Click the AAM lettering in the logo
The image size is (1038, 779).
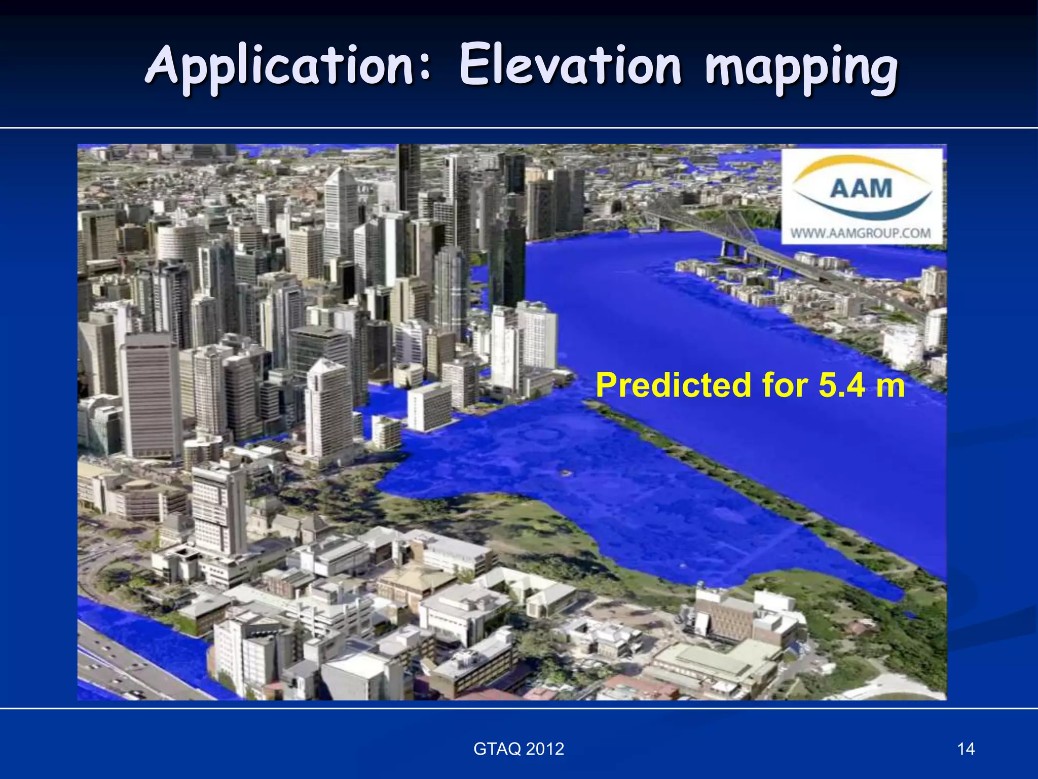[x=861, y=189]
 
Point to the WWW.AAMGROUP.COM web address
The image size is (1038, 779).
[x=861, y=233]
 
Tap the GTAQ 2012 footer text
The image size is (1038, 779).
[x=518, y=749]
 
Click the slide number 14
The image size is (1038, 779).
[x=966, y=749]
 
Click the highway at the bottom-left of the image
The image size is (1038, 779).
[x=127, y=664]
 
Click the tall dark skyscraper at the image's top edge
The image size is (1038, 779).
[x=409, y=178]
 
